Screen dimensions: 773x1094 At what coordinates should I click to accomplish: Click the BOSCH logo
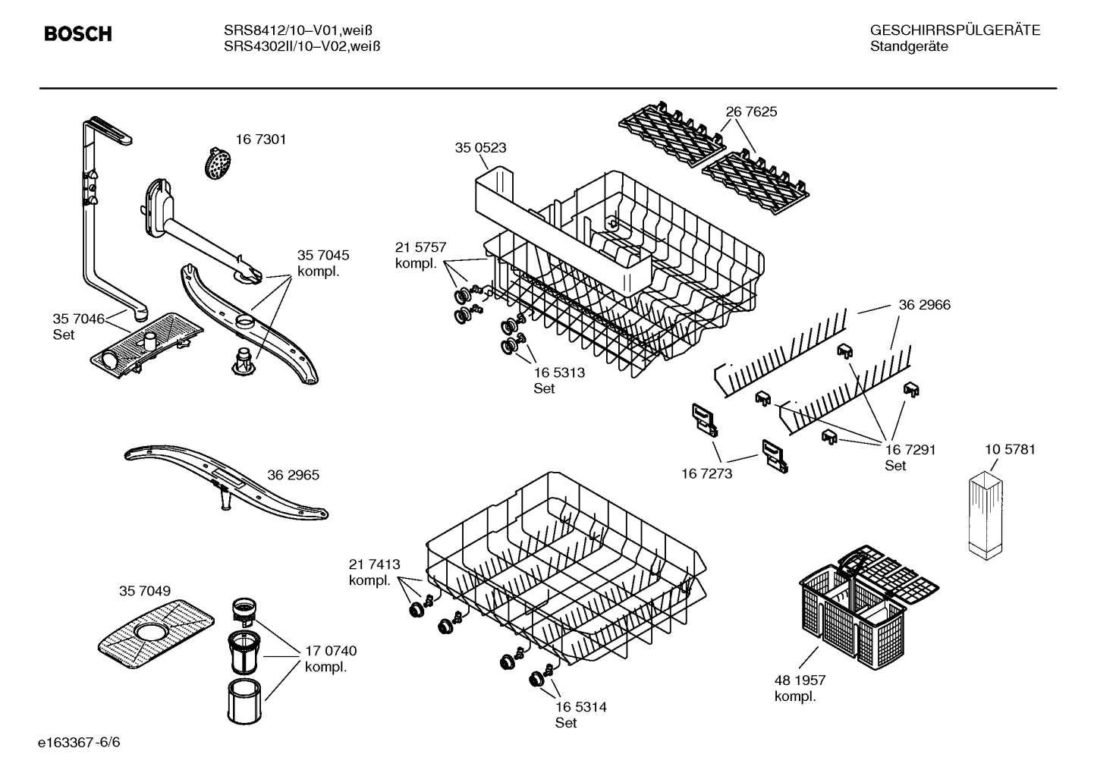pos(78,34)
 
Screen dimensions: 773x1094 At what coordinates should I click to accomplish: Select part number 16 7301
pos(260,140)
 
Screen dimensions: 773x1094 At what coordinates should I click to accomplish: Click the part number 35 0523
pos(480,148)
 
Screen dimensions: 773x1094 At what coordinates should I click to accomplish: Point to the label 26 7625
pos(751,112)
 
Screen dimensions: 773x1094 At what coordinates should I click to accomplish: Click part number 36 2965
pos(293,475)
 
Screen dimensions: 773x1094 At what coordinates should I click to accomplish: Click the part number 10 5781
pos(1010,449)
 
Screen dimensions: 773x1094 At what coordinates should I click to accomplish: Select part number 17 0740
pos(330,651)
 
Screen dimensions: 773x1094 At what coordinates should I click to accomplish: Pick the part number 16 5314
pos(580,707)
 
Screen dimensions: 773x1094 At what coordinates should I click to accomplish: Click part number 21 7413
pos(374,564)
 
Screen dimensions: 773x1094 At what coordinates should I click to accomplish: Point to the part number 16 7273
pos(706,473)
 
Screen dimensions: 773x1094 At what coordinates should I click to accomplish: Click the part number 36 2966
pos(924,305)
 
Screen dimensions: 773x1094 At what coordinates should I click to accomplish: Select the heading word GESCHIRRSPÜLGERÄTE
pos(954,30)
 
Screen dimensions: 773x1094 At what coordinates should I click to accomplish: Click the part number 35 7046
pos(78,319)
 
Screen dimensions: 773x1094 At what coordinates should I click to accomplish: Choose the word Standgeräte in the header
pos(908,46)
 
